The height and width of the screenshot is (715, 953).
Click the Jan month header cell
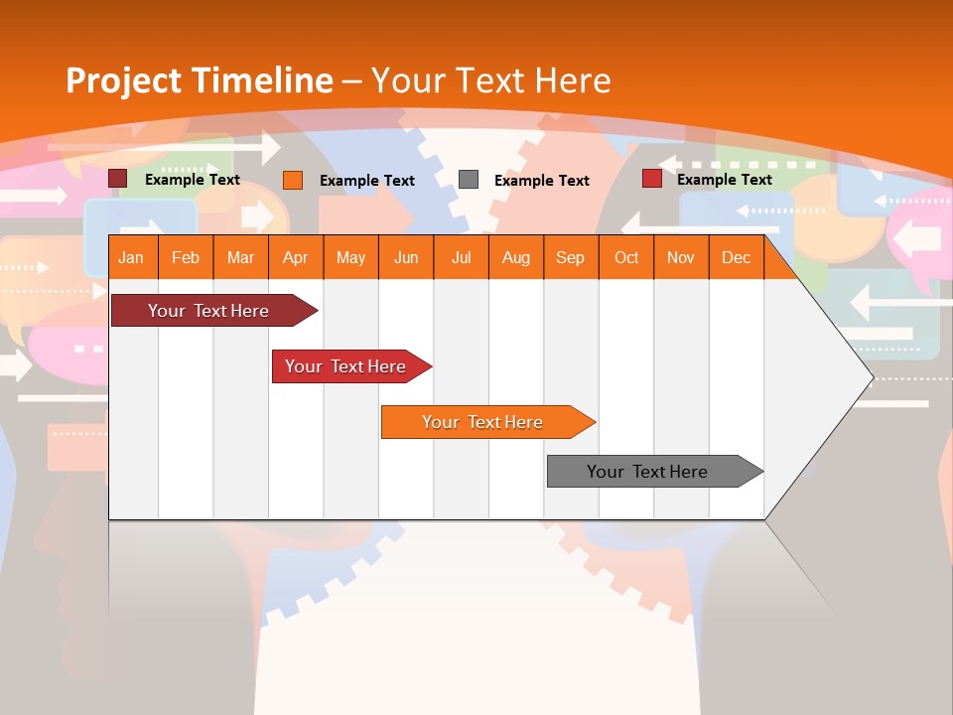click(x=132, y=257)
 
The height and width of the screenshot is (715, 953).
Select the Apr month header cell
click(x=296, y=257)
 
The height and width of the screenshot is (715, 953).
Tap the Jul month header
click(x=461, y=257)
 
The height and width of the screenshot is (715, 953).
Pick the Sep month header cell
click(x=570, y=257)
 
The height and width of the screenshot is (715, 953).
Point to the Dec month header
click(x=736, y=257)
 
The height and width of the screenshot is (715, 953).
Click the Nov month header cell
click(x=680, y=257)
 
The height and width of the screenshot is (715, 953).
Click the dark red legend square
click(x=118, y=179)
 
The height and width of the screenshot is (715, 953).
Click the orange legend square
click(x=293, y=180)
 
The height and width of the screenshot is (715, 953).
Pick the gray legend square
click(x=469, y=180)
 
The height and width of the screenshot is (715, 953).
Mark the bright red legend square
click(x=651, y=179)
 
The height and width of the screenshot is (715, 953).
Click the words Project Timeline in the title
click(x=199, y=80)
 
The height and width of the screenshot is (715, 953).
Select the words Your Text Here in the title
click(x=491, y=80)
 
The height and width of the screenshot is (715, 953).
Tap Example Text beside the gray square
click(x=541, y=181)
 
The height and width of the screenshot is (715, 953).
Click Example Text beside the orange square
click(x=366, y=181)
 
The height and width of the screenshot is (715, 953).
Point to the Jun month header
click(x=406, y=257)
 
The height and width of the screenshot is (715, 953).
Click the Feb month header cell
click(x=186, y=257)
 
